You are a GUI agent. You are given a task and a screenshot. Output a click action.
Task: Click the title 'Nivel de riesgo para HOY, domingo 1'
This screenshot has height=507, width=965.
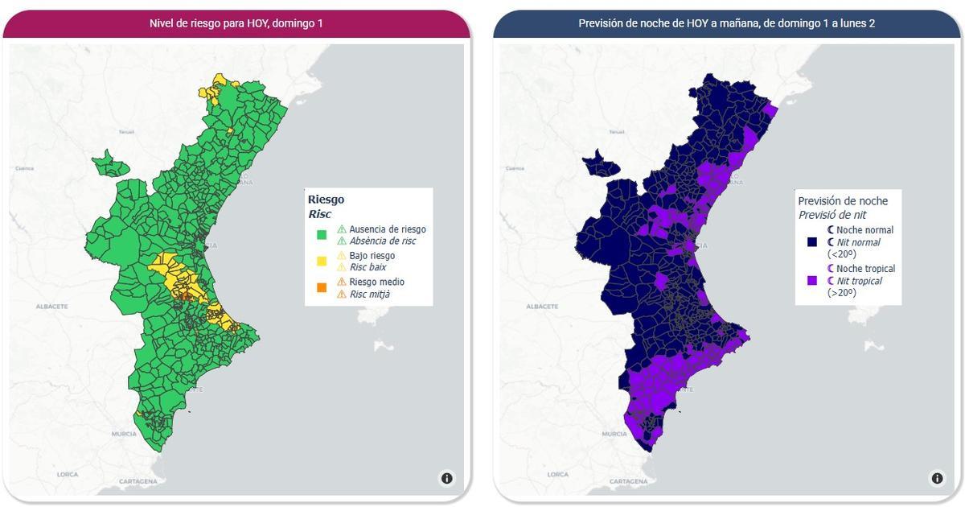click(236, 23)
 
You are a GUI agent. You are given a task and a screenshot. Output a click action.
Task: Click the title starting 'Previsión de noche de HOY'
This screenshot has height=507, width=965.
click(727, 23)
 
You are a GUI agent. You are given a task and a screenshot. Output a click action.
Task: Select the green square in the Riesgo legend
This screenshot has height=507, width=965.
click(322, 235)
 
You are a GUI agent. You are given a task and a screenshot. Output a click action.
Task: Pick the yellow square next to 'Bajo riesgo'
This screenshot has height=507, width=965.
click(322, 261)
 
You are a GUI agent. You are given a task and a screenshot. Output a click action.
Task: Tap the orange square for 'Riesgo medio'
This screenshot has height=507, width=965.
click(322, 287)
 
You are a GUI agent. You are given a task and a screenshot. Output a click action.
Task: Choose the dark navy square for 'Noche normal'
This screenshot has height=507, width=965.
click(812, 241)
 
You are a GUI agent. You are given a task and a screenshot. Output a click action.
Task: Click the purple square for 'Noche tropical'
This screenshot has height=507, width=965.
click(812, 280)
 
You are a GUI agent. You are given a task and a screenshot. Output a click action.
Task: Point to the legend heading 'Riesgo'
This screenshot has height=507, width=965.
click(326, 199)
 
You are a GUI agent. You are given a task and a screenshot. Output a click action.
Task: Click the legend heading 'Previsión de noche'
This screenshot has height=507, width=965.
click(843, 200)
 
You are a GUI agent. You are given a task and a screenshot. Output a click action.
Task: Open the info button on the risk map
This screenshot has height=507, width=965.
click(447, 478)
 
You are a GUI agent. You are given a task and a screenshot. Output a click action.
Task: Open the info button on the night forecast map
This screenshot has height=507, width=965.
click(938, 478)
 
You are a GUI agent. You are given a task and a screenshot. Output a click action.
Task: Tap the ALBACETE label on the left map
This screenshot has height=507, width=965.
click(51, 307)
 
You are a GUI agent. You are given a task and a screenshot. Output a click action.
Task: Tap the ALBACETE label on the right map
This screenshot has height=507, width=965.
click(542, 307)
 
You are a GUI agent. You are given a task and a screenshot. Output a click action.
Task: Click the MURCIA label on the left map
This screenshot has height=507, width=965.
click(124, 434)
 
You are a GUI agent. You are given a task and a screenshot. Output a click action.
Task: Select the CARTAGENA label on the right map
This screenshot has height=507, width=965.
click(628, 481)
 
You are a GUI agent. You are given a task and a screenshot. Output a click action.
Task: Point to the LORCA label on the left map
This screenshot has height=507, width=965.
click(68, 475)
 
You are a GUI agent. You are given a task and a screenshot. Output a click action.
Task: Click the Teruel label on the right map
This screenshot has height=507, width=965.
click(615, 131)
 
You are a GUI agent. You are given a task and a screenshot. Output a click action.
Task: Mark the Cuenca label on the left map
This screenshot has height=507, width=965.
click(24, 168)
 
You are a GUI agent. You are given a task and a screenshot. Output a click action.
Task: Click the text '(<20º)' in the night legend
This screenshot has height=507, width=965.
click(841, 253)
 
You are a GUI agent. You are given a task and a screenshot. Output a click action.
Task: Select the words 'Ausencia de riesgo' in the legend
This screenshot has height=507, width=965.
click(388, 229)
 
